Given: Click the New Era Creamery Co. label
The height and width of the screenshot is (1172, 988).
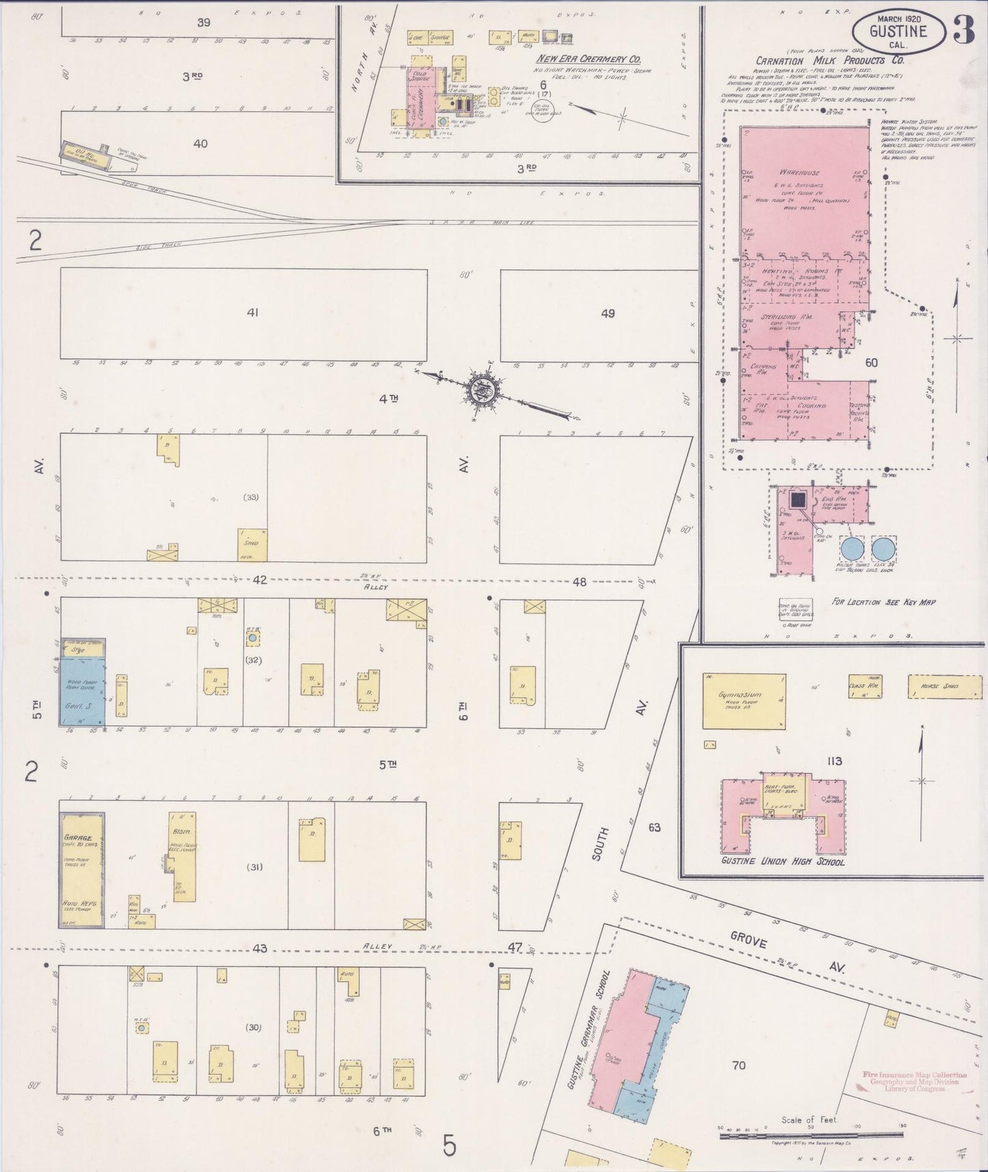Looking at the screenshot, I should pyautogui.click(x=588, y=59).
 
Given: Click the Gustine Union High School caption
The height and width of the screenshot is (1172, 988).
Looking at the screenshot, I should pyautogui.click(x=782, y=862).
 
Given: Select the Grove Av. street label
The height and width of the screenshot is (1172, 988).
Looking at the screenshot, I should pyautogui.click(x=786, y=952).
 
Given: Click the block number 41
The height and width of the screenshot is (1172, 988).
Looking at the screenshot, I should pyautogui.click(x=252, y=312).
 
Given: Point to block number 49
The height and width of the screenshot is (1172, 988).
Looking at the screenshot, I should pyautogui.click(x=607, y=313).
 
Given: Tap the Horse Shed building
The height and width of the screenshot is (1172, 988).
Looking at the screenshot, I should pyautogui.click(x=939, y=686).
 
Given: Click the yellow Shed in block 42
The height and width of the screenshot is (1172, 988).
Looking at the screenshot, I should pyautogui.click(x=252, y=544).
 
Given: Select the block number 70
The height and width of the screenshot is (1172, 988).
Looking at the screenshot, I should pyautogui.click(x=738, y=1065).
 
